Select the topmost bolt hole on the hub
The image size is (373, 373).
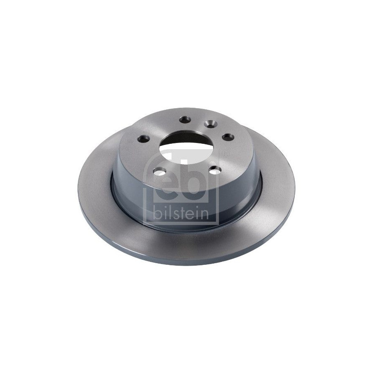(x=185, y=119)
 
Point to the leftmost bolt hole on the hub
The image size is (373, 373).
(x=144, y=138)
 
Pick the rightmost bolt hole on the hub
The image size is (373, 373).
(x=228, y=137)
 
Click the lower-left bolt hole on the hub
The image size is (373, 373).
(x=160, y=171)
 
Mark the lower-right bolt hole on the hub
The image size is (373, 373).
(x=215, y=170)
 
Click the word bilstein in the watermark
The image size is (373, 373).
(x=181, y=213)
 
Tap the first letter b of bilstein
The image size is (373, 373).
(x=157, y=213)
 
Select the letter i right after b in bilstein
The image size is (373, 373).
(x=165, y=213)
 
